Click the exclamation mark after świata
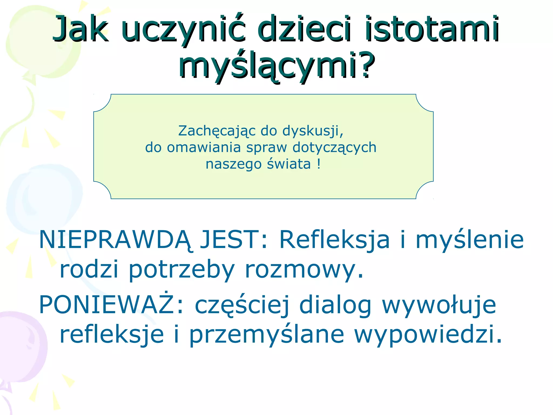(319, 164)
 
